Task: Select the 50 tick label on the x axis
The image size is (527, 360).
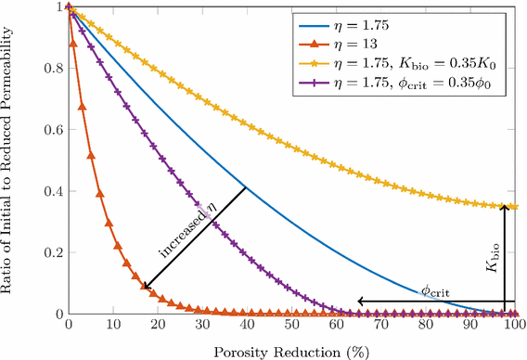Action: click(x=291, y=327)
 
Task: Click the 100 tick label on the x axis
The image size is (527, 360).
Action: click(x=515, y=327)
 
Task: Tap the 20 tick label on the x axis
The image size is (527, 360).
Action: click(x=158, y=327)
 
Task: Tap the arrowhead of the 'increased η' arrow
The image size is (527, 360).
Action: click(x=145, y=288)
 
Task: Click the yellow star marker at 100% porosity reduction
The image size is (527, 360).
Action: click(x=515, y=207)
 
